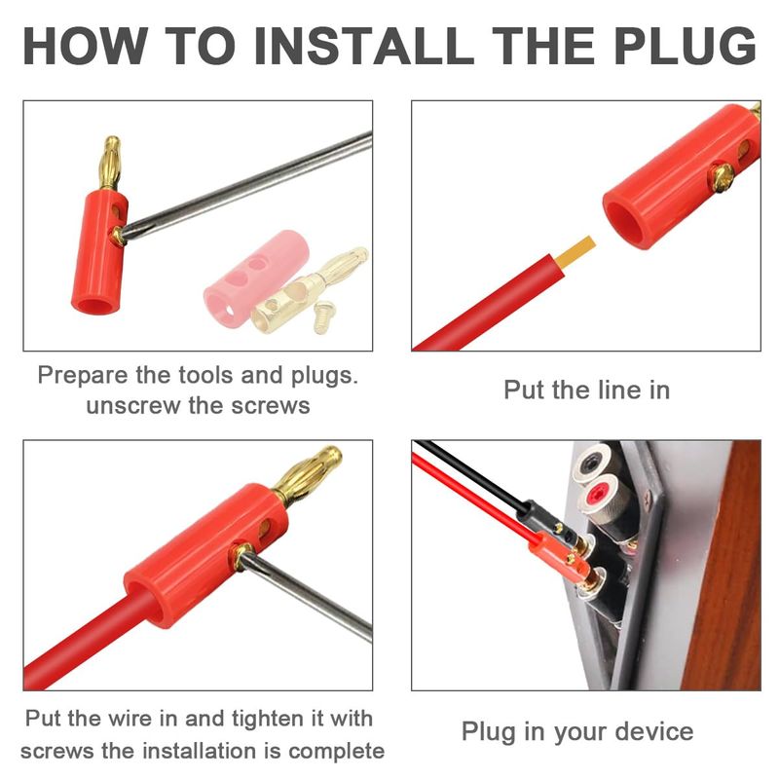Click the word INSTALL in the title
363,45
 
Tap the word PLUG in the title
686,45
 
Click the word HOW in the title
86,45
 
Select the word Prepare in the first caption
83,376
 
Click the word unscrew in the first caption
132,406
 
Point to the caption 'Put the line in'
587,389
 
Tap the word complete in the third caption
336,752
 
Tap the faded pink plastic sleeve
256,278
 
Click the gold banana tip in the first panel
109,163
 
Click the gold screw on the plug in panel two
721,177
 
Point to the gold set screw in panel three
241,555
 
